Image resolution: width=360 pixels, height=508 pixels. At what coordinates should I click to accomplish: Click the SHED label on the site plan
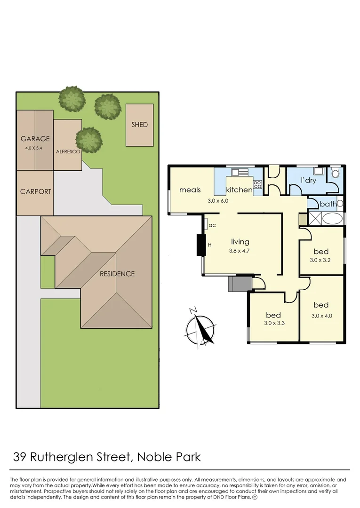click(x=139, y=125)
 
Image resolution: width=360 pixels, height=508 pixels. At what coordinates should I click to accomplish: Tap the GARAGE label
click(x=35, y=139)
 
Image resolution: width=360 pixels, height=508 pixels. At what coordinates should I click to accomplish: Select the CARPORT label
click(x=36, y=191)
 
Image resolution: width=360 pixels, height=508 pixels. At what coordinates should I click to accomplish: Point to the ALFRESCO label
click(x=67, y=152)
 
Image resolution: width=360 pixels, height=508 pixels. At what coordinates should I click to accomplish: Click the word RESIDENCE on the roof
click(x=117, y=274)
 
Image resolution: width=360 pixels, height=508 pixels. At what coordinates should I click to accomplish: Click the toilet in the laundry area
click(x=336, y=173)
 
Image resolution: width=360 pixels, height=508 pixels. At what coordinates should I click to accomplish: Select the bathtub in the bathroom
click(x=333, y=219)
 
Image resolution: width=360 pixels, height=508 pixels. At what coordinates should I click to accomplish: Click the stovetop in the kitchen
click(x=257, y=184)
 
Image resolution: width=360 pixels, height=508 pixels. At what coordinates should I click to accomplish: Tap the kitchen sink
click(x=237, y=172)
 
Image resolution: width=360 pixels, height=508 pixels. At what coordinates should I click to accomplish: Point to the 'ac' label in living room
click(x=212, y=225)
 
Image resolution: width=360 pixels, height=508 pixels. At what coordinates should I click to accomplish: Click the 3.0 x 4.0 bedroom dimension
click(x=322, y=316)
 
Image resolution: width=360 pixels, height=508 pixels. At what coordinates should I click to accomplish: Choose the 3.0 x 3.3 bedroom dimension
click(x=273, y=323)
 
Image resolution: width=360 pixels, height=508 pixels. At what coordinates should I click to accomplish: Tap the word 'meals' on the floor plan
click(x=190, y=190)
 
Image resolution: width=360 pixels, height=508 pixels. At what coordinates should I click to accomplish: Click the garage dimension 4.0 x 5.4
click(x=35, y=148)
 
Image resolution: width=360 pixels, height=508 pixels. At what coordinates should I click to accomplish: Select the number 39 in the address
click(x=20, y=456)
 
